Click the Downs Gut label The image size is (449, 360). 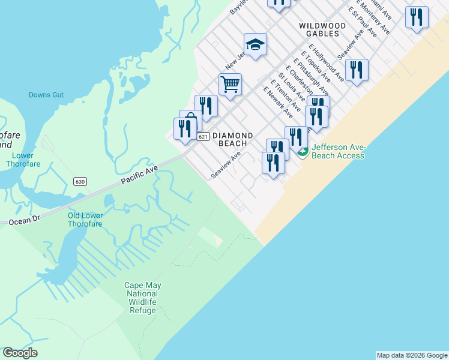46,95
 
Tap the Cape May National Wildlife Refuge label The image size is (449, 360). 142,298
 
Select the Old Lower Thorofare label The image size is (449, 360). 85,220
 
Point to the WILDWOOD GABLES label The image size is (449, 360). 322,30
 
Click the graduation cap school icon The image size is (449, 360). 255,44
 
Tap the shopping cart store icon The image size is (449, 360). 230,85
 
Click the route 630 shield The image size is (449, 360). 80,181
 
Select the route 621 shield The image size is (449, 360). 203,137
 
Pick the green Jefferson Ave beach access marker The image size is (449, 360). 304,153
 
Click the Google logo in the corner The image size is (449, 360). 20,353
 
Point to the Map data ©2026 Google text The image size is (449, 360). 412,355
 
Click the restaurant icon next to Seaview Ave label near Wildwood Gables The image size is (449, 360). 357,70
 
